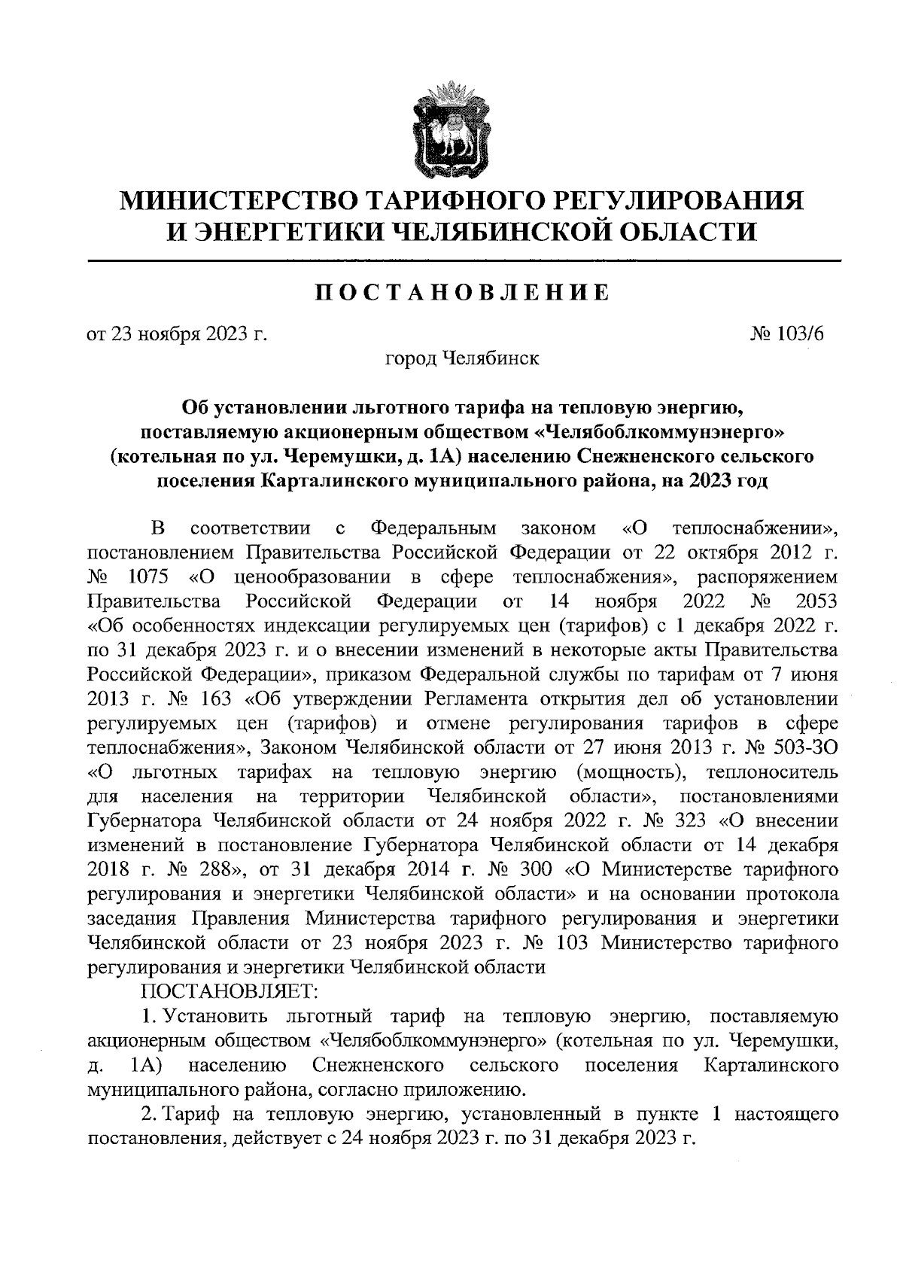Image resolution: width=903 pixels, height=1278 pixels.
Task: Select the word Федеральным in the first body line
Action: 445,529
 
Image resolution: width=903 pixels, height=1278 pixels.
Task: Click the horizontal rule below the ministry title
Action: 464,260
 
